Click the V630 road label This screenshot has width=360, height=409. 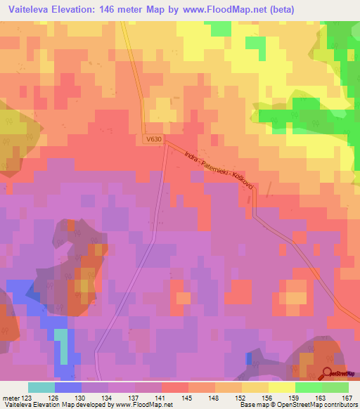tap(155, 139)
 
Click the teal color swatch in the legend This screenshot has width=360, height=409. tap(41, 387)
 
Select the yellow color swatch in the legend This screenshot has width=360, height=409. tap(282, 387)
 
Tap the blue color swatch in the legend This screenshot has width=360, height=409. tap(68, 387)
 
